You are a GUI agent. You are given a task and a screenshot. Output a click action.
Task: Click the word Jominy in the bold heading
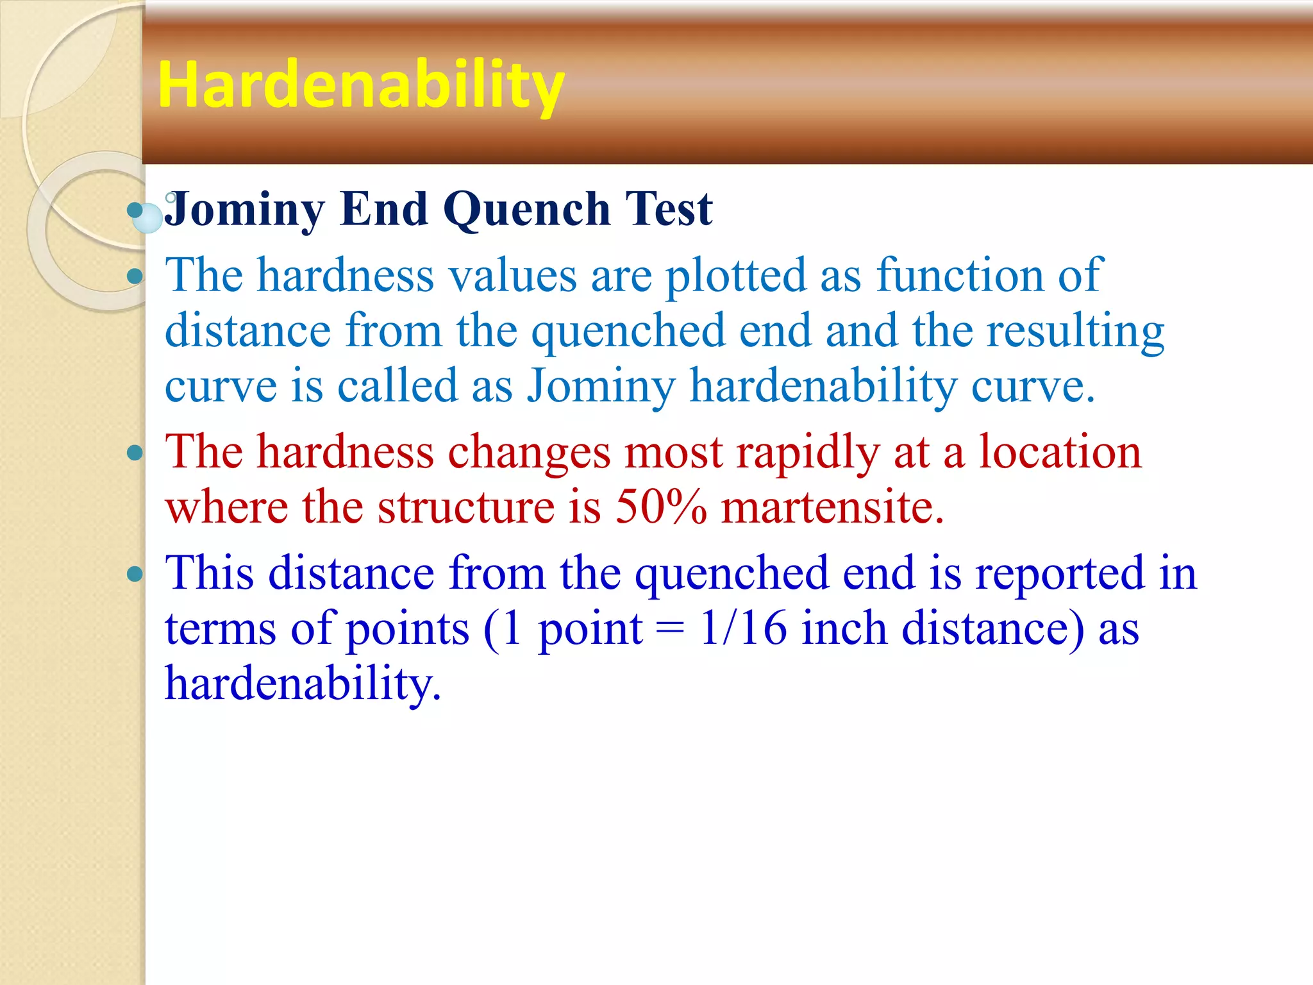pos(245,210)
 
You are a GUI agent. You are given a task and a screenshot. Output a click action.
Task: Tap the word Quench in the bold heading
pos(526,210)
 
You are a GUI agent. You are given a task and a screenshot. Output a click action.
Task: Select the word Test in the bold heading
pos(669,210)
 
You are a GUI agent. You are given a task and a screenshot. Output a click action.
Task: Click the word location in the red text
pos(1060,452)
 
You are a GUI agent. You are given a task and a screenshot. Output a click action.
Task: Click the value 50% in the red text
pos(661,507)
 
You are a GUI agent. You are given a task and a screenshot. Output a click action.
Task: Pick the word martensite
pos(832,507)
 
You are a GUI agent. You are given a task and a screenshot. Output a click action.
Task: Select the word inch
pos(844,628)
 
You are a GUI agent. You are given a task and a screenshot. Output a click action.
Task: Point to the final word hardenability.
pos(303,684)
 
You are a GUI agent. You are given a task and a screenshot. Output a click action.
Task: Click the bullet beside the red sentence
pos(135,453)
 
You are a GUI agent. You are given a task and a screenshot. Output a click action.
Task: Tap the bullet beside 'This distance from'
pos(135,573)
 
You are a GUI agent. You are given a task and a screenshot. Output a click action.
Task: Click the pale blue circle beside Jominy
pos(148,218)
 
